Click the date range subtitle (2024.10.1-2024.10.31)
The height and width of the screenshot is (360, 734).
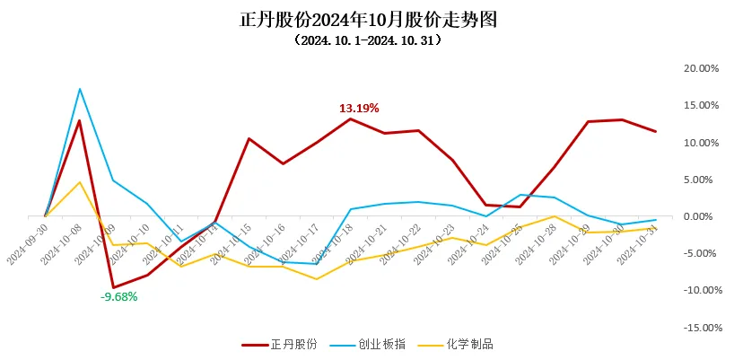368,40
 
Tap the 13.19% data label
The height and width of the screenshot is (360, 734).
359,108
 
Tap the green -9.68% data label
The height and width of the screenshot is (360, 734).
118,296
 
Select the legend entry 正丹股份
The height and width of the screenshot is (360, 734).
281,344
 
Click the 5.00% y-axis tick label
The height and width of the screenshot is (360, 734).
703,180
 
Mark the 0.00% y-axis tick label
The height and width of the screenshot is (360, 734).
703,216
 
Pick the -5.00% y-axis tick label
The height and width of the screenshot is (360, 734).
702,253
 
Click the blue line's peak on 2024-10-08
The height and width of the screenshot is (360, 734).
80,89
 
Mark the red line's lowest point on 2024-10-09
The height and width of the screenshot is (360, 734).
114,287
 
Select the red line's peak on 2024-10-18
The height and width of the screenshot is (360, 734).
351,119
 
